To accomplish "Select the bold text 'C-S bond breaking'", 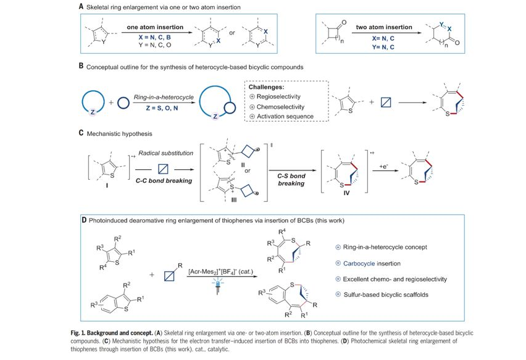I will point(290,180).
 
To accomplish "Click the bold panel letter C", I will point(81,133).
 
